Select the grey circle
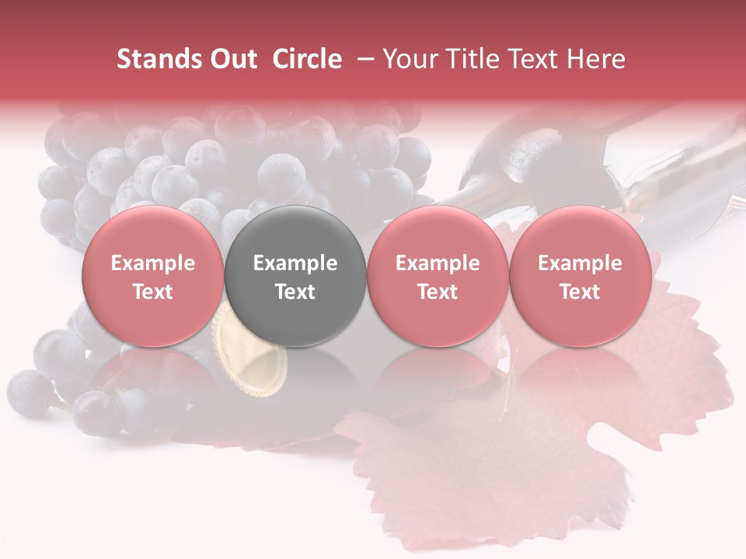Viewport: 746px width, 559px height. pos(295,276)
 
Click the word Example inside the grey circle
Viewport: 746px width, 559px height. pos(295,263)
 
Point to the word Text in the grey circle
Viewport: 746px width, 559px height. pos(295,292)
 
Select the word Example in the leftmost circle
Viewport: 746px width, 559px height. pos(152,263)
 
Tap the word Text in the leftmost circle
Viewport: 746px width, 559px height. pos(152,292)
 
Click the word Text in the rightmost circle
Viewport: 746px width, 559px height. pos(580,292)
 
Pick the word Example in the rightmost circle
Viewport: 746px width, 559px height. pos(580,263)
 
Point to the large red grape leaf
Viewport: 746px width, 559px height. pos(497,458)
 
